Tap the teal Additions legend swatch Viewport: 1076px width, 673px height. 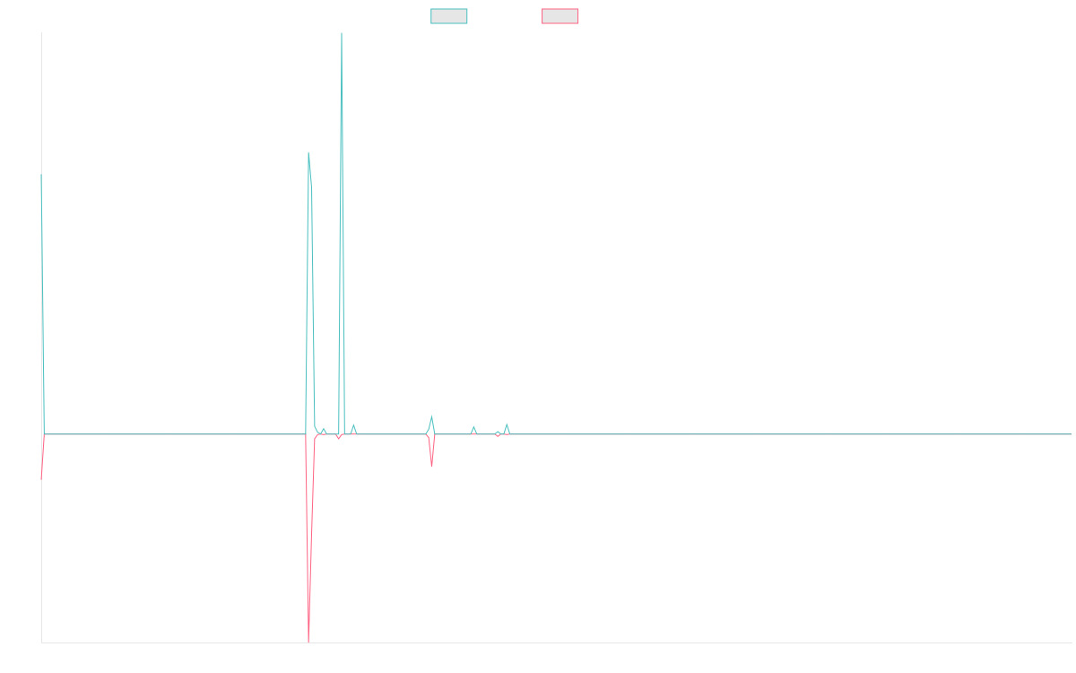[x=448, y=16]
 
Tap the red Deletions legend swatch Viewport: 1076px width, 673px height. [x=560, y=16]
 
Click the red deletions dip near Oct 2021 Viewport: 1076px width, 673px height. [x=431, y=465]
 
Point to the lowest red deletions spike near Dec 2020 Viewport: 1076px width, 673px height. [x=308, y=641]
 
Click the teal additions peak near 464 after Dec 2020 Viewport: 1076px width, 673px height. [x=308, y=153]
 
